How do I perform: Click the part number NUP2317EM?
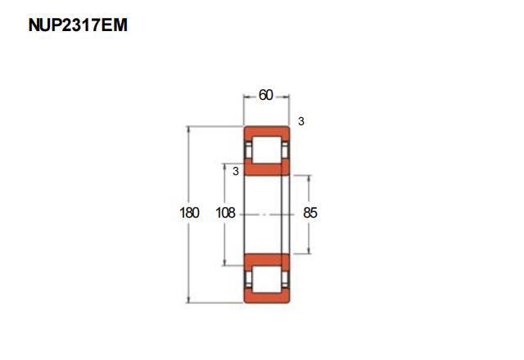click(x=78, y=25)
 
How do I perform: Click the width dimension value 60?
click(x=266, y=95)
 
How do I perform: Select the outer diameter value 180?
click(x=189, y=213)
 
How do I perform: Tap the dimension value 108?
click(x=226, y=213)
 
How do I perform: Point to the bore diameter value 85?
click(x=310, y=213)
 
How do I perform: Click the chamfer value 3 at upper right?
click(x=301, y=121)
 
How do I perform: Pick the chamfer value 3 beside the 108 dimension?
click(x=236, y=171)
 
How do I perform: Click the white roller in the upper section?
click(x=266, y=150)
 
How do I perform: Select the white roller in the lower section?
click(x=266, y=279)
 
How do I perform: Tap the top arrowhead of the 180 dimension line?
click(x=189, y=129)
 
